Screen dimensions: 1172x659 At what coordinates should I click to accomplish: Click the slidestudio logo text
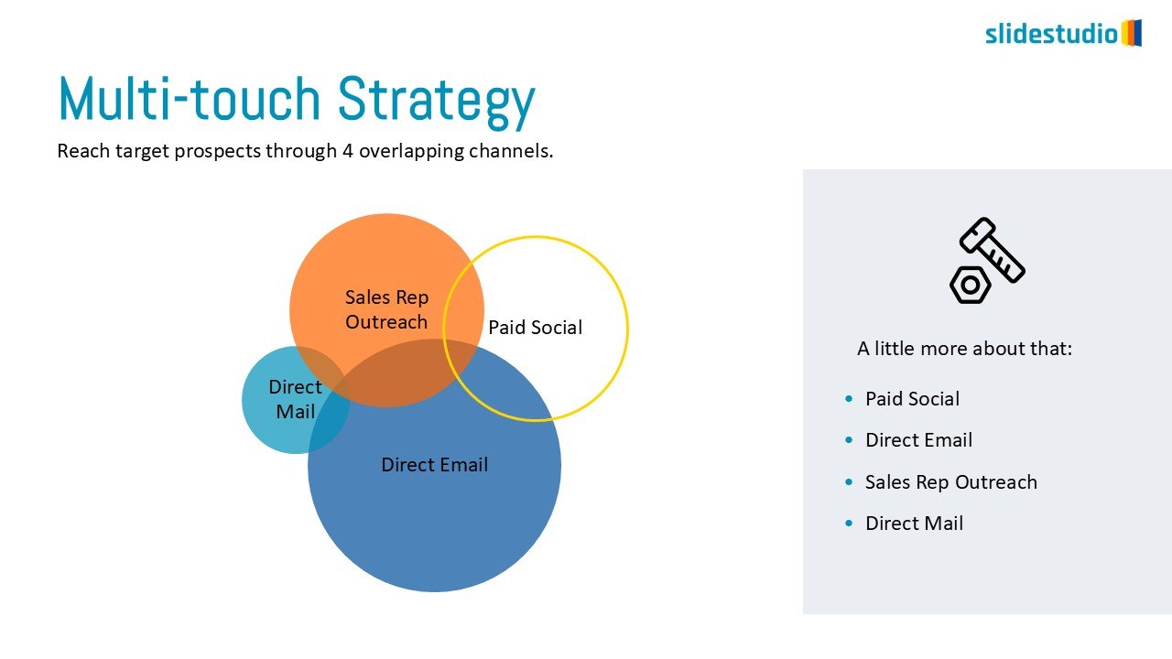1052,34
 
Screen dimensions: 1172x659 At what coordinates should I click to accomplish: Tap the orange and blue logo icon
1132,33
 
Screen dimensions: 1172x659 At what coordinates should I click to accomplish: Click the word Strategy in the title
437,101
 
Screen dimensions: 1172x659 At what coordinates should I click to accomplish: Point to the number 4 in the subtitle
348,151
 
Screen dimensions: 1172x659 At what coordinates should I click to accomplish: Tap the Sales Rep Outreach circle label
386,309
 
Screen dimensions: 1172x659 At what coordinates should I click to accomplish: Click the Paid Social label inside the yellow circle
536,328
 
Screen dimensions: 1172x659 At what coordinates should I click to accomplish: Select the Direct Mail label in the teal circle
295,399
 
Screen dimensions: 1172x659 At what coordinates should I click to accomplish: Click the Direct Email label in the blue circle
434,464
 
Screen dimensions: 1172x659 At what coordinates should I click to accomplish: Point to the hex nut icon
970,285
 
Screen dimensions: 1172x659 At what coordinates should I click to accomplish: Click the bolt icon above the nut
993,250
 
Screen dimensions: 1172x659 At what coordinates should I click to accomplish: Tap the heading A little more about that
964,349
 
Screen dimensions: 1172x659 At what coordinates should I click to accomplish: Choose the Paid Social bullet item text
913,398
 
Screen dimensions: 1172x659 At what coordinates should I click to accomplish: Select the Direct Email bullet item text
918,440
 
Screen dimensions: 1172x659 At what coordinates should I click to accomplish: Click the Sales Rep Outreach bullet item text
950,482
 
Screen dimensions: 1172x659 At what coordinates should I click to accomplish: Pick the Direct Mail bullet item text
914,523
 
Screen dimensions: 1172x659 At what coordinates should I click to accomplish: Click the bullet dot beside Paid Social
849,399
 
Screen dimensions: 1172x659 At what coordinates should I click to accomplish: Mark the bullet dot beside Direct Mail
849,523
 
